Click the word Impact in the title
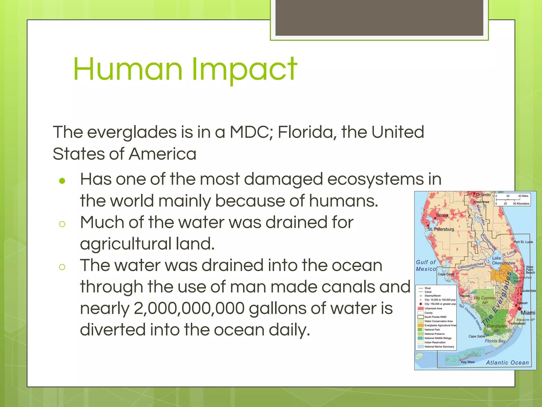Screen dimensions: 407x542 tap(244, 69)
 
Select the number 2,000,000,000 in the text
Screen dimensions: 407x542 tap(189, 308)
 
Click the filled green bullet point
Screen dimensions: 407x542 tap(62, 181)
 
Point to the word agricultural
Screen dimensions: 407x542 tap(126, 244)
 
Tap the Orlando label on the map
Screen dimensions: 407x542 tap(483, 195)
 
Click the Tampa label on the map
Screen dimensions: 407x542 tap(442, 215)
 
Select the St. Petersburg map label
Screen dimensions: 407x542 tap(441, 229)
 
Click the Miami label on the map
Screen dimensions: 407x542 tap(528, 313)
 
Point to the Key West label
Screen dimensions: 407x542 tap(468, 362)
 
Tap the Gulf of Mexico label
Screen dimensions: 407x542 tap(426, 266)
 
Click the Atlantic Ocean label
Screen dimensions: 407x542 tap(507, 363)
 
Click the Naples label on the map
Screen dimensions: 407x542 tap(465, 296)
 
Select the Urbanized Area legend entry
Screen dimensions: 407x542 tap(433, 308)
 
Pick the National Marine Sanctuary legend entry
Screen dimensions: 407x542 tap(439, 347)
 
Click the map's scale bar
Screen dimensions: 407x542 tap(512, 200)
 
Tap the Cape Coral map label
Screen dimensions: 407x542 tap(446, 274)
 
